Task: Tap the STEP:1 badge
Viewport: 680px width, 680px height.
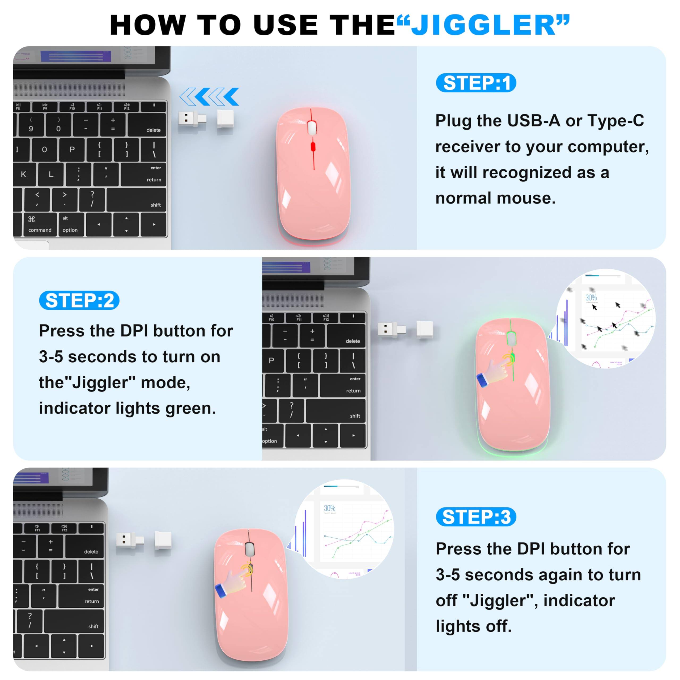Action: click(x=476, y=83)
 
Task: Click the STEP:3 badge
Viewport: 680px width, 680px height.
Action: click(x=476, y=517)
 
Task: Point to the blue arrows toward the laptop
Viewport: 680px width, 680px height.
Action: click(x=209, y=97)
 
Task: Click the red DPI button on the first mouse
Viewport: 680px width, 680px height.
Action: click(x=313, y=147)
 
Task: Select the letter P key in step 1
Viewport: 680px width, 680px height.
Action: click(x=72, y=150)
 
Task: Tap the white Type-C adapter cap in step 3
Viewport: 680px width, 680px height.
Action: click(x=163, y=540)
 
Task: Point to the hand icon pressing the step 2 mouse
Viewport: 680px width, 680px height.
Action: click(x=495, y=371)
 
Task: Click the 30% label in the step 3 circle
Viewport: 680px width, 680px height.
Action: click(x=329, y=508)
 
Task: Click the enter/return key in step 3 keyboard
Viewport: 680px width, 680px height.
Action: click(x=81, y=596)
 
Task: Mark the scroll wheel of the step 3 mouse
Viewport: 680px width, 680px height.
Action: click(x=249, y=549)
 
